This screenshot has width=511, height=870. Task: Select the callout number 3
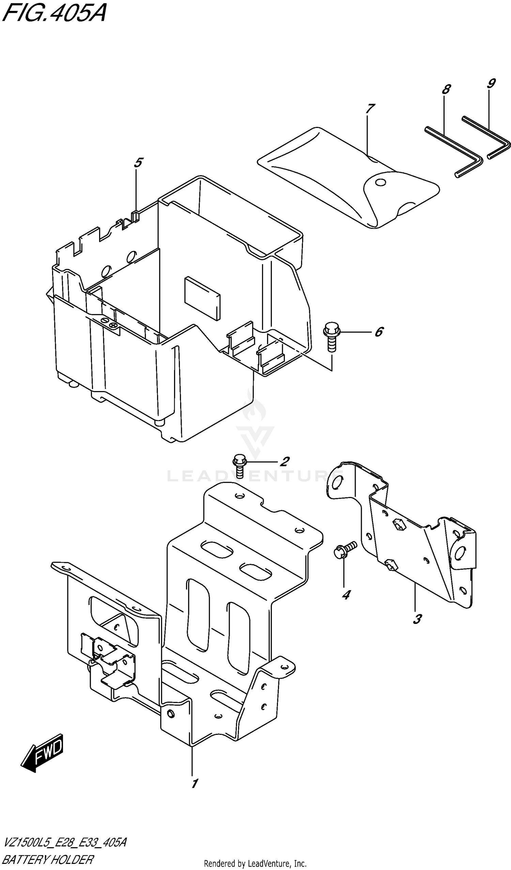coord(417,619)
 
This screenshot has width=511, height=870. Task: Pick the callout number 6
coord(379,332)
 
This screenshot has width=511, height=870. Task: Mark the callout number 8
coord(446,90)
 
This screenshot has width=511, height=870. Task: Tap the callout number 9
coord(491,83)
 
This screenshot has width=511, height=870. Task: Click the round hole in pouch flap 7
coord(381,182)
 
